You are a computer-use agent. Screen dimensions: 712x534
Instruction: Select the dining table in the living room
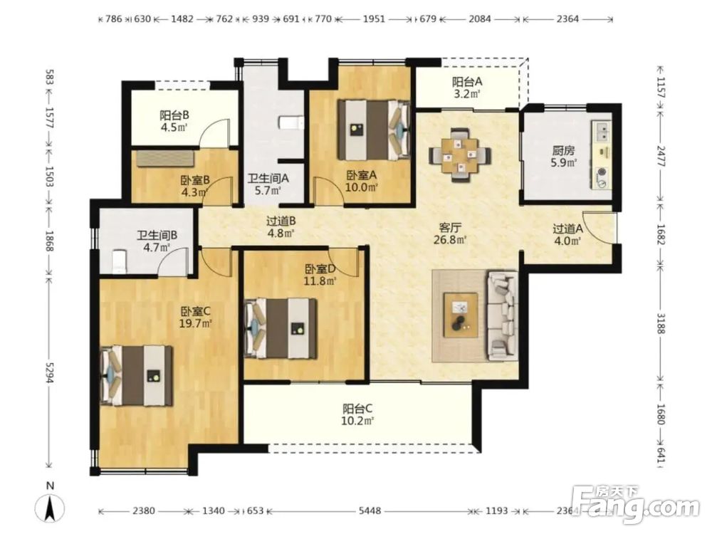pyautogui.click(x=460, y=156)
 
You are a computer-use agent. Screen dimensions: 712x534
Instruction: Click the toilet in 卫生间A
pyautogui.click(x=290, y=122)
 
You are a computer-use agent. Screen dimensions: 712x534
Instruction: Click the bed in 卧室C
pyautogui.click(x=137, y=376)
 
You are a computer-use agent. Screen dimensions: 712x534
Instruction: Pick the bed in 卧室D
pyautogui.click(x=281, y=328)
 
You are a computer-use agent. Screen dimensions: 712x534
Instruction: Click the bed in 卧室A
pyautogui.click(x=375, y=130)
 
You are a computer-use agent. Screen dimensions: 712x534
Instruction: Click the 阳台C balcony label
pyautogui.click(x=358, y=408)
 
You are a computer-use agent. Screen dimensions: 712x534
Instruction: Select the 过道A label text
pyautogui.click(x=567, y=229)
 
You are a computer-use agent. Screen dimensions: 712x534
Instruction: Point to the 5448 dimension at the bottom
pyautogui.click(x=370, y=511)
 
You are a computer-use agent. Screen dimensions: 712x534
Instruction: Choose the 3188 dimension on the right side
pyautogui.click(x=660, y=323)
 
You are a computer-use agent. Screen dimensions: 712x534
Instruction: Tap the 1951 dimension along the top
pyautogui.click(x=374, y=19)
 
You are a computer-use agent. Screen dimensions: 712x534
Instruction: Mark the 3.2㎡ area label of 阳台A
pyautogui.click(x=466, y=95)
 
